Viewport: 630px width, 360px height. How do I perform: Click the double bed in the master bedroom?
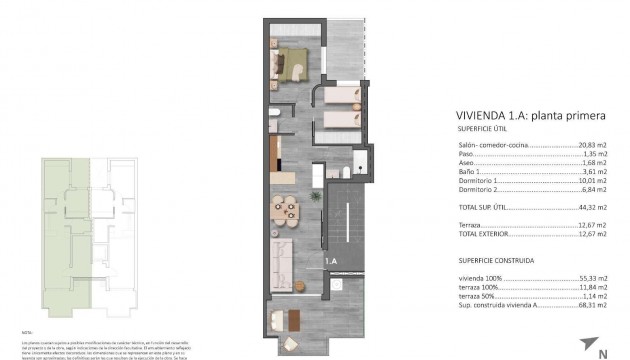(x=292, y=61)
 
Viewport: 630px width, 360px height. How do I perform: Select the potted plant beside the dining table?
(x=316, y=197)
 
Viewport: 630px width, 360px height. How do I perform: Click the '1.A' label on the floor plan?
(x=331, y=262)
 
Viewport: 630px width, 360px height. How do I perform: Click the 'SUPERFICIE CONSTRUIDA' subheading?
(x=497, y=259)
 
